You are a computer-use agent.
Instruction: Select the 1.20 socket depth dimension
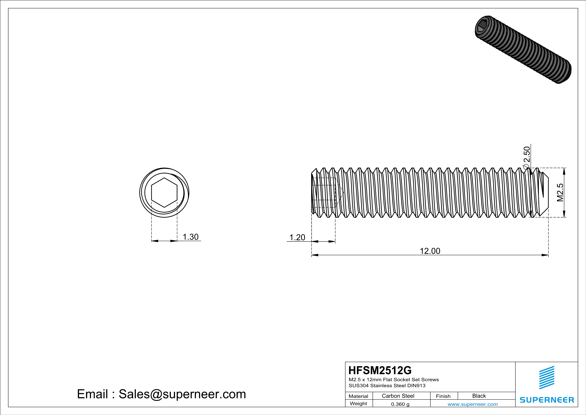(x=297, y=237)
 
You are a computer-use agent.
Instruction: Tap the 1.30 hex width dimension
(x=190, y=237)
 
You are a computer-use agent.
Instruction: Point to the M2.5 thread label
(x=560, y=192)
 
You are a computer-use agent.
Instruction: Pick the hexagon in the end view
(x=164, y=192)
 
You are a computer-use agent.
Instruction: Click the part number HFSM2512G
(x=380, y=370)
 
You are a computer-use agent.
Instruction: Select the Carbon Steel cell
(x=398, y=396)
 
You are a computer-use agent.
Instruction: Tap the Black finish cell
(x=479, y=396)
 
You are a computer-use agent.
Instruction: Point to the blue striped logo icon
(x=546, y=378)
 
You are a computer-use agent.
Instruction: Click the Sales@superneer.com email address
(x=182, y=394)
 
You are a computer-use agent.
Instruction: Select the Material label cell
(x=358, y=396)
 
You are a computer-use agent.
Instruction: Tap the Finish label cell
(x=443, y=396)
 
